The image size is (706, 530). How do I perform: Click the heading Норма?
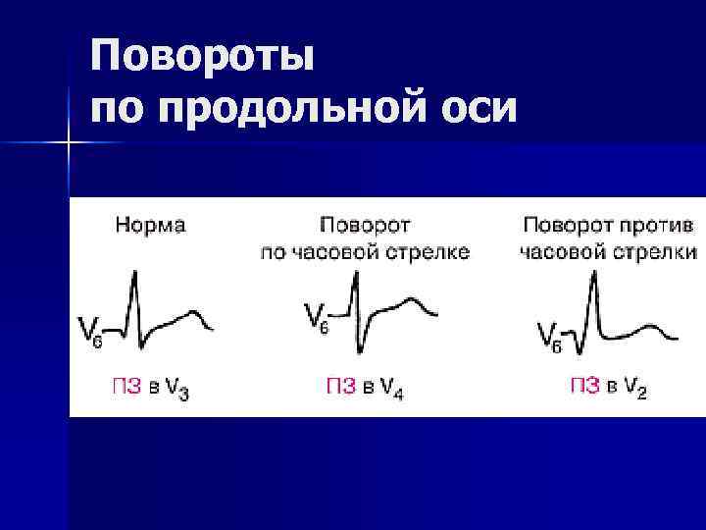pos(150,225)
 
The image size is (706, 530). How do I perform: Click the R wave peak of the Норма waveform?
pos(134,276)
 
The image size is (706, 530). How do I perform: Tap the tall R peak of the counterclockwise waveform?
pos(594,276)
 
